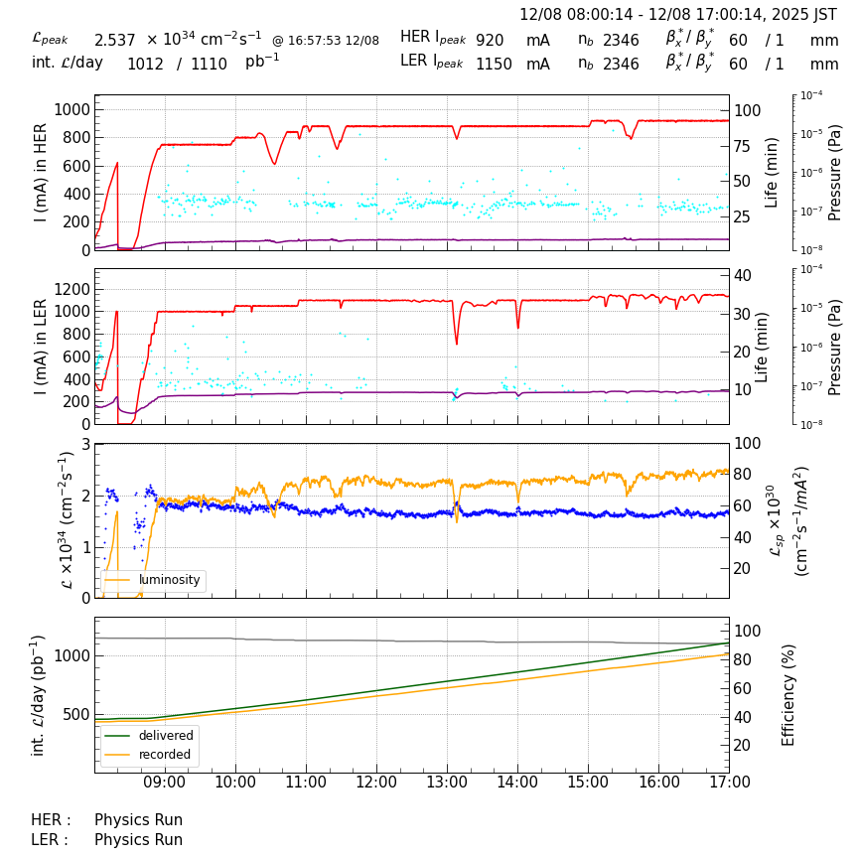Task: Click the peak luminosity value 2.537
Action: point(114,40)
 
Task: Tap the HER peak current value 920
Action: point(490,40)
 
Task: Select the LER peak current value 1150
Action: point(494,64)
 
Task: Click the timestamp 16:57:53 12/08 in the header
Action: point(326,41)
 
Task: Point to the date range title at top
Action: point(678,15)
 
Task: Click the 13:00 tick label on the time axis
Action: point(447,782)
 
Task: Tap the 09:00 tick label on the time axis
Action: point(165,782)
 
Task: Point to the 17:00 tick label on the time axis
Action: point(730,782)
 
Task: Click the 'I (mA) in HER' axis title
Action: point(41,173)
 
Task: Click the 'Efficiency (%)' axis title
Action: point(789,694)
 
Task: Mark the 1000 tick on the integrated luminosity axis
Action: point(71,655)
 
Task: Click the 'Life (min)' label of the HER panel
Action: point(773,172)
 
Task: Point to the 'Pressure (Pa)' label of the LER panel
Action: point(835,347)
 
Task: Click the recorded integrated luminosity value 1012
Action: point(145,64)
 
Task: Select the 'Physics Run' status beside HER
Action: point(138,820)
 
